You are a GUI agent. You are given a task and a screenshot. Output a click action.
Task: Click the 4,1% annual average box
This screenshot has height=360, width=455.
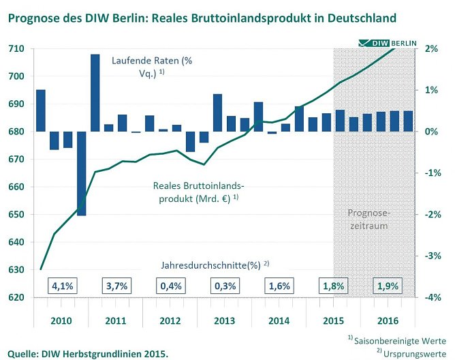[61, 286]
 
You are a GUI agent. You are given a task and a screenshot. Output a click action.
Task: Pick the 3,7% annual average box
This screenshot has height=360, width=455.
[115, 286]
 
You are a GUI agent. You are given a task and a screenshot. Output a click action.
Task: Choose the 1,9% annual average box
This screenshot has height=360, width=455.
[387, 286]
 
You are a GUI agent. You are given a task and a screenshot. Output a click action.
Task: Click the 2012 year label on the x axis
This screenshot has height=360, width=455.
[170, 320]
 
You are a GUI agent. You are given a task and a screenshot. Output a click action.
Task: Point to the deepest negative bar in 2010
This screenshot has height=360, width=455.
[82, 173]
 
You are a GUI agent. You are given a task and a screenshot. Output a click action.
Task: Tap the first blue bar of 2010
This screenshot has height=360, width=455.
[41, 110]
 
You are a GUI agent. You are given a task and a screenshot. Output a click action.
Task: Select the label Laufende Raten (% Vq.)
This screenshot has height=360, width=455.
[153, 67]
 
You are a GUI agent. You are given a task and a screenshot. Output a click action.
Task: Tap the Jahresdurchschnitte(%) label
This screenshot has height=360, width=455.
[215, 264]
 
